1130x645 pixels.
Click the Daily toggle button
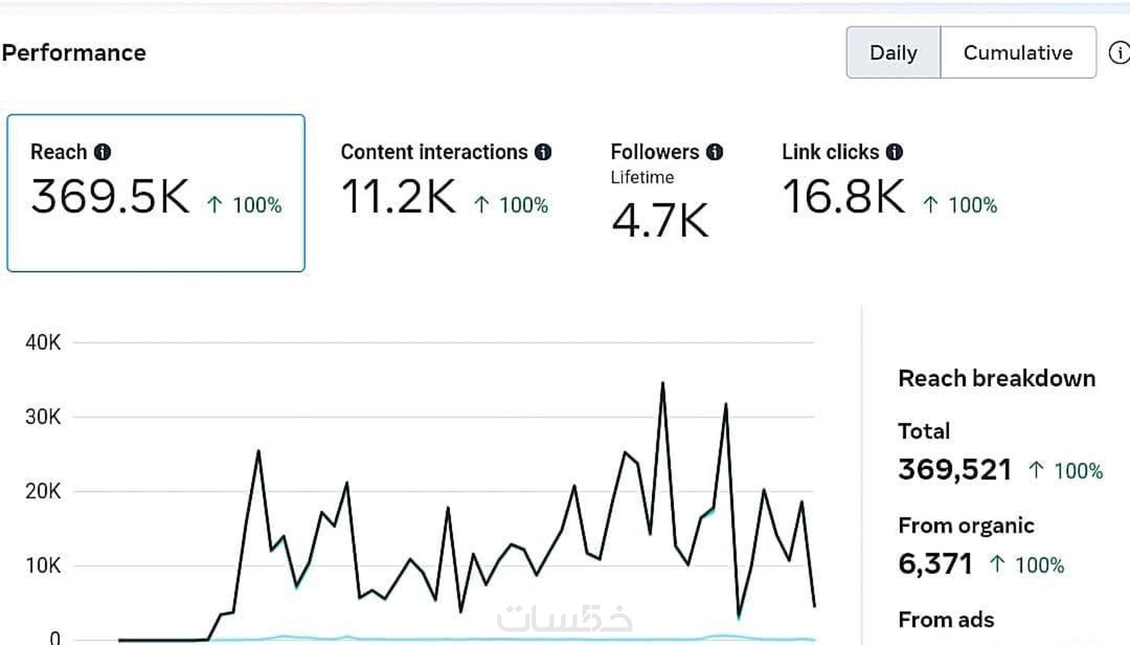893,53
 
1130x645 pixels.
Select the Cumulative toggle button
1018,53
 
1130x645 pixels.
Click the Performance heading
74,53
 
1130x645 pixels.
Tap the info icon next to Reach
102,152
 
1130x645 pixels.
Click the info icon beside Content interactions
543,152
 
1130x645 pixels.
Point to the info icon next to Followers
715,152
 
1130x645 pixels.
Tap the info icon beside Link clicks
895,152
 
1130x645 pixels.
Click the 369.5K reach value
110,197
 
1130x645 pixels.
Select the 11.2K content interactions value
399,197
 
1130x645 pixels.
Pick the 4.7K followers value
660,221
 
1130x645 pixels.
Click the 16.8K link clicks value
844,197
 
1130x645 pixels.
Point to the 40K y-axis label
43,342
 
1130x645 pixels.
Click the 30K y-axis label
43,417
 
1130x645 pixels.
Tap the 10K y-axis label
43,566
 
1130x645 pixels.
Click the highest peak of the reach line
663,384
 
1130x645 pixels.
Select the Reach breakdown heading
996,378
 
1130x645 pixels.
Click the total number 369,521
955,469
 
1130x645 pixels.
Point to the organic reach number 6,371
935,564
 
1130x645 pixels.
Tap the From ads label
946,620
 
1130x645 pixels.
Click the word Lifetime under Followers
642,178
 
